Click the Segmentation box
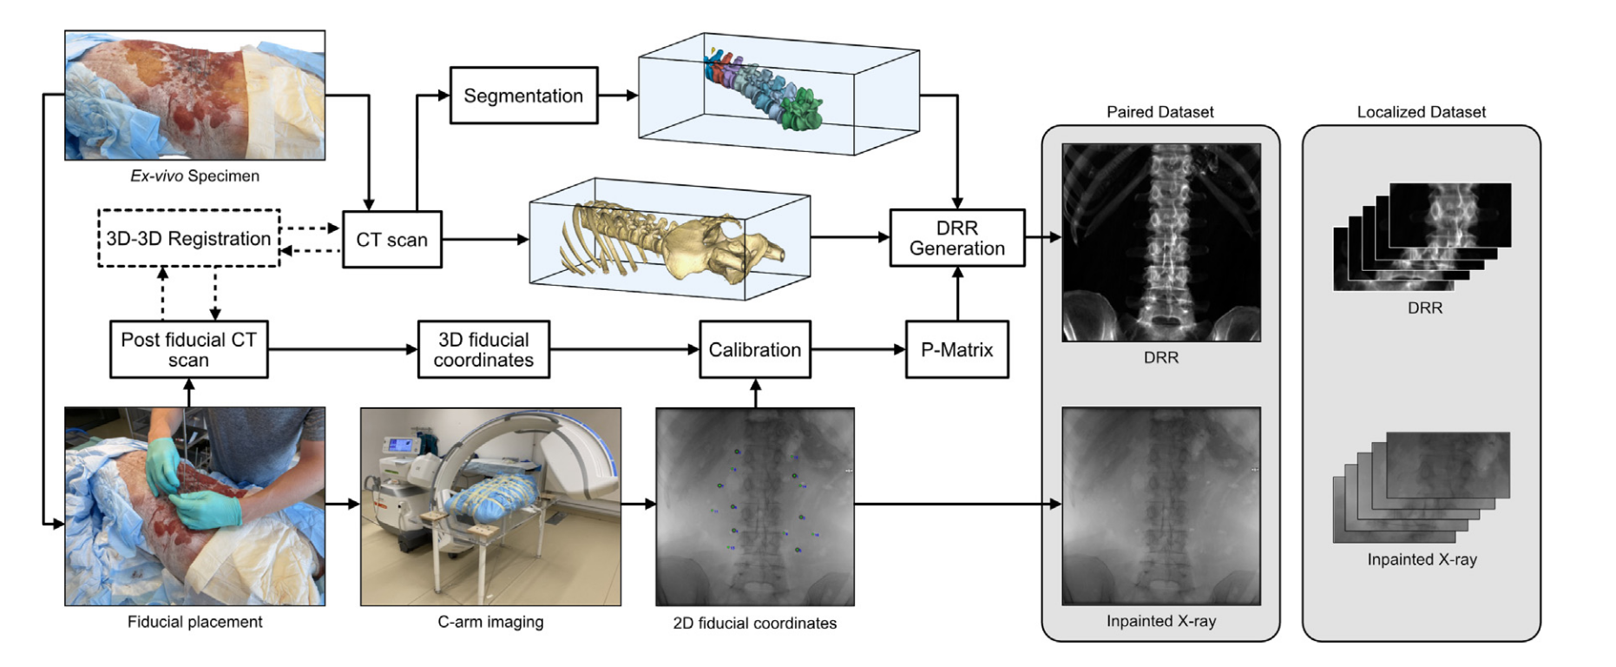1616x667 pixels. coord(523,96)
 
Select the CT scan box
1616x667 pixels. coord(391,240)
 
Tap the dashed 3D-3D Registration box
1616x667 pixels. coord(188,238)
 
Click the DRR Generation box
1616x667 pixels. coord(956,238)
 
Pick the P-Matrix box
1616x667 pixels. coord(956,349)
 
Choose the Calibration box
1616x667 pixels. coord(754,349)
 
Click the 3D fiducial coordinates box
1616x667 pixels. coord(483,349)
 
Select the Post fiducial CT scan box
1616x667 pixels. coord(188,349)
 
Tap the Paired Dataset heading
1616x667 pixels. coord(1159,112)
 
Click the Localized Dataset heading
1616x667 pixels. coord(1421,112)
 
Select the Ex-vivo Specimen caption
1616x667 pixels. coord(194,176)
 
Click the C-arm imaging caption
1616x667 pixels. coord(490,622)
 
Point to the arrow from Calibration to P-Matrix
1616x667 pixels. coord(857,349)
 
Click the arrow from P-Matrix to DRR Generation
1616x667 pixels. coord(957,294)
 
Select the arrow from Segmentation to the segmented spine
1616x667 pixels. coord(618,96)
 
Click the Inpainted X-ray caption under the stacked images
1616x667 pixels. coord(1422,559)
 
